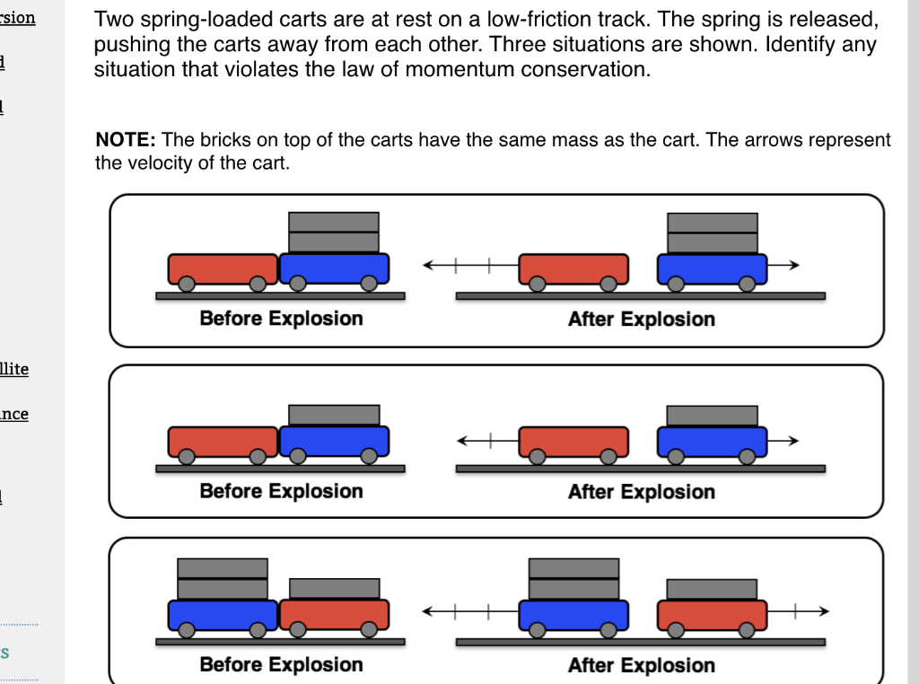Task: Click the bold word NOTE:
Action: (126, 140)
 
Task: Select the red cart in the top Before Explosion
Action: (223, 268)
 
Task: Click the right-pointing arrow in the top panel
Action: (783, 265)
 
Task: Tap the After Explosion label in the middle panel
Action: (641, 492)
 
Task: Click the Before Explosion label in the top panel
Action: (281, 319)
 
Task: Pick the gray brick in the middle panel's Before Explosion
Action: (334, 415)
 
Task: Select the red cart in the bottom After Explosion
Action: (712, 614)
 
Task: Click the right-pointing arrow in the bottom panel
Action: (799, 610)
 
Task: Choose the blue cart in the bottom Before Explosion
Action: (223, 614)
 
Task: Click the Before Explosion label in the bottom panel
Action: (281, 665)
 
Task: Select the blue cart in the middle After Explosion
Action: (712, 441)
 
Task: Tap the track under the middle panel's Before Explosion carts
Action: (280, 469)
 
